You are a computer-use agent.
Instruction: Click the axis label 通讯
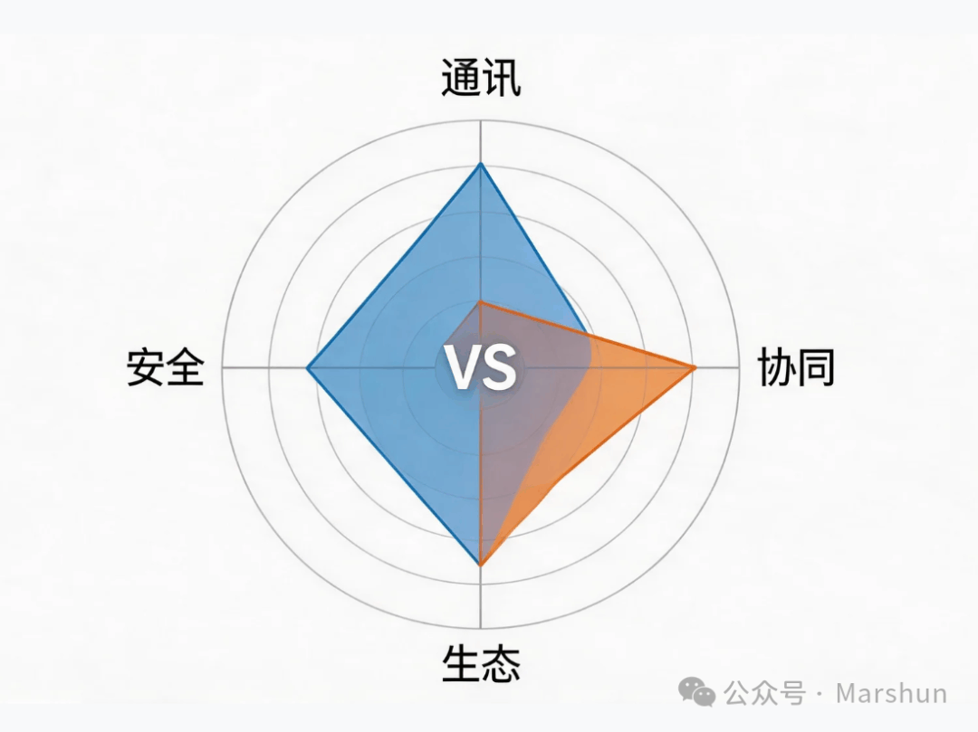tap(481, 79)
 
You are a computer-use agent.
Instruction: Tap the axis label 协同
tap(797, 367)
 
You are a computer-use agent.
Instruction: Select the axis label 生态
tap(481, 664)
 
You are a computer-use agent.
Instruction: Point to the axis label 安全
tap(166, 367)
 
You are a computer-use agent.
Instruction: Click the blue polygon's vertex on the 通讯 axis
tap(480, 163)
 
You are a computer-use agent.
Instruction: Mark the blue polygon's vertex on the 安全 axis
tap(307, 367)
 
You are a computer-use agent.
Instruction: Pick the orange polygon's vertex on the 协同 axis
tap(695, 367)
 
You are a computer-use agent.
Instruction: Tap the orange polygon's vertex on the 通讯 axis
tap(480, 302)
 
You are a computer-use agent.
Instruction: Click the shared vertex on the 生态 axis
tap(480, 565)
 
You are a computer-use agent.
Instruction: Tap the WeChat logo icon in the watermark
tap(696, 692)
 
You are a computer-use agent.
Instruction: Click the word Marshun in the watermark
tap(891, 693)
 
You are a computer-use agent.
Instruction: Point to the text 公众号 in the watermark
tap(764, 693)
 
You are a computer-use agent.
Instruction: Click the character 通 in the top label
tap(460, 79)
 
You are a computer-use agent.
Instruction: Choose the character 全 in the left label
tap(186, 367)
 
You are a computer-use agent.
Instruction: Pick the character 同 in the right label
tap(817, 367)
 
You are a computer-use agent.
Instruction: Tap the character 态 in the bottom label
tap(502, 664)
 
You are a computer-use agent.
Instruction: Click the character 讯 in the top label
tap(502, 79)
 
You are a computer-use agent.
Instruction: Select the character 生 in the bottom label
tap(461, 664)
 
